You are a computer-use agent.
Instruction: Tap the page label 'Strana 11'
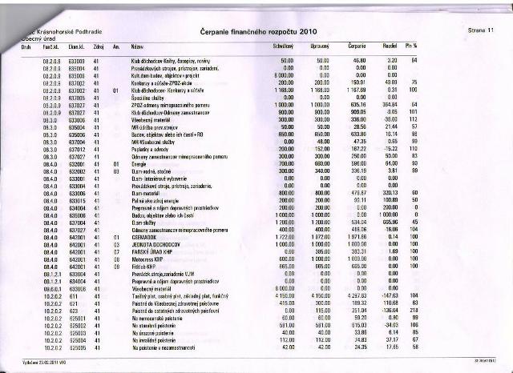point(479,30)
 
